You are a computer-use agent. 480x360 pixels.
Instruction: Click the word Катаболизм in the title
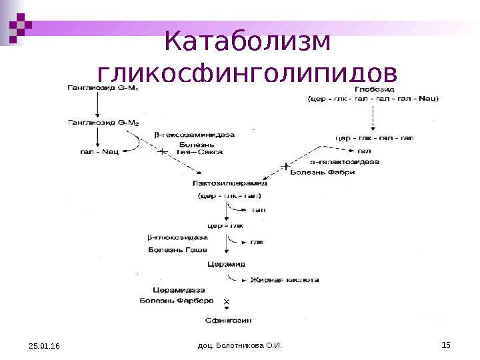pos(247,41)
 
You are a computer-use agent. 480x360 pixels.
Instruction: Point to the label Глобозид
pos(373,88)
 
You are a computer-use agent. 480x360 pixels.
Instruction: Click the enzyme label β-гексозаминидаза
pos(195,135)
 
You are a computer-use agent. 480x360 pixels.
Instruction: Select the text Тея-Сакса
pos(200,152)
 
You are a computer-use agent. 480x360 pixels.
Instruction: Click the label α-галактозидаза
pos(345,162)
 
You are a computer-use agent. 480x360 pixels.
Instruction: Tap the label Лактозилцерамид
pos(229,183)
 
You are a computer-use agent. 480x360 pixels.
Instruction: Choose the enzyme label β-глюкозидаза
pos(177,238)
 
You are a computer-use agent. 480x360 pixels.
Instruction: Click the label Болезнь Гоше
pos(177,250)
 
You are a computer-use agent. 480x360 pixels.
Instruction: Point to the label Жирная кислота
pos(285,281)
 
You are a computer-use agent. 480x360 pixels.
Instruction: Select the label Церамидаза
pos(179,291)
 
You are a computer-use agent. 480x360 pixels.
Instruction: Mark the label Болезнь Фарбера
pos(177,301)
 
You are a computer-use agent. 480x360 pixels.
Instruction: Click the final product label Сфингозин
pos(227,321)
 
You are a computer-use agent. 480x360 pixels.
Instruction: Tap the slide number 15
pos(446,344)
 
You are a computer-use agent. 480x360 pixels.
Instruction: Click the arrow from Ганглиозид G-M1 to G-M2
pos(98,104)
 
